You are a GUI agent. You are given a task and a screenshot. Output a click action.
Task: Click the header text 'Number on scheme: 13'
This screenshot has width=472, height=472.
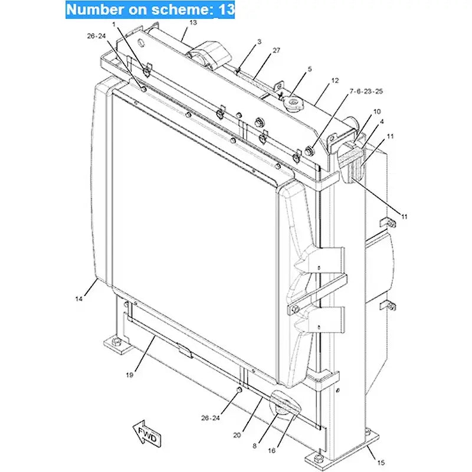pyautogui.click(x=150, y=10)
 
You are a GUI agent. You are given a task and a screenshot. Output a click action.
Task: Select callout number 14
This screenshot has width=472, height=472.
pyautogui.click(x=79, y=299)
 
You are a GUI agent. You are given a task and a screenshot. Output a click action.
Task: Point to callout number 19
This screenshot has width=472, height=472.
pyautogui.click(x=129, y=374)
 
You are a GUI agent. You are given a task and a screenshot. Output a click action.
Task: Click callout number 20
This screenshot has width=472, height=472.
pyautogui.click(x=237, y=435)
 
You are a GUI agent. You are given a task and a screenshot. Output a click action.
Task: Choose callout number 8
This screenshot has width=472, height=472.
pyautogui.click(x=254, y=446)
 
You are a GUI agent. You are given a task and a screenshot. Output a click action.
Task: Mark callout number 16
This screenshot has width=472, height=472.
pyautogui.click(x=271, y=450)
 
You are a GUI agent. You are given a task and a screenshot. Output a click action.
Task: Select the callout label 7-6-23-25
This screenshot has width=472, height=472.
pyautogui.click(x=366, y=91)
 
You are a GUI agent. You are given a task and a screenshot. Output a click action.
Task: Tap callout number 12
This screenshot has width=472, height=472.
pyautogui.click(x=335, y=80)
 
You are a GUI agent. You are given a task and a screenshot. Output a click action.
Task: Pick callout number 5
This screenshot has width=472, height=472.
pyautogui.click(x=309, y=70)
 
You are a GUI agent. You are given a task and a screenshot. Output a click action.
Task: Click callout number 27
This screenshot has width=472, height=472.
pyautogui.click(x=276, y=51)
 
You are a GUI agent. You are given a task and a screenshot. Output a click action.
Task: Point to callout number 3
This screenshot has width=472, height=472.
pyautogui.click(x=258, y=42)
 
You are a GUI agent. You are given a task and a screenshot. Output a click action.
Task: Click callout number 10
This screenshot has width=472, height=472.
pyautogui.click(x=377, y=111)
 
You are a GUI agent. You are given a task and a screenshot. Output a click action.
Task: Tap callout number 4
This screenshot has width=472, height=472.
pyautogui.click(x=382, y=122)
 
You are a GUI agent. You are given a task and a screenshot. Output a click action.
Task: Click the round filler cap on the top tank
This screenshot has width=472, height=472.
pyautogui.click(x=291, y=104)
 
